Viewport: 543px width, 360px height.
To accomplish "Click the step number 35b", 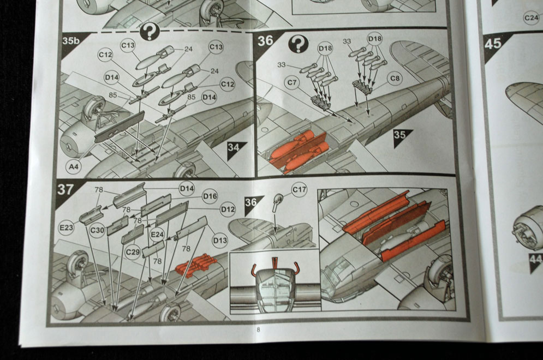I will tap(69, 40).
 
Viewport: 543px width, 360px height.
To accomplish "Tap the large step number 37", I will tap(66, 189).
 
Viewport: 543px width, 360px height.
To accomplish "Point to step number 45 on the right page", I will tap(493, 43).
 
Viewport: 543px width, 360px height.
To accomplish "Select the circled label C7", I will tap(292, 82).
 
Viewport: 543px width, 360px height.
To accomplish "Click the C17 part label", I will tap(299, 190).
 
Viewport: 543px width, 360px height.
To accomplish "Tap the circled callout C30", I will tap(97, 230).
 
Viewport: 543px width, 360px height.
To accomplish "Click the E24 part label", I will tap(157, 235).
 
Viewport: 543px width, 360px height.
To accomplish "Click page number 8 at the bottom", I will tap(258, 329).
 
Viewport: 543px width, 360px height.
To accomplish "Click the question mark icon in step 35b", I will tap(149, 32).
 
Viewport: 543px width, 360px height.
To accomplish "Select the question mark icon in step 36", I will tap(298, 44).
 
